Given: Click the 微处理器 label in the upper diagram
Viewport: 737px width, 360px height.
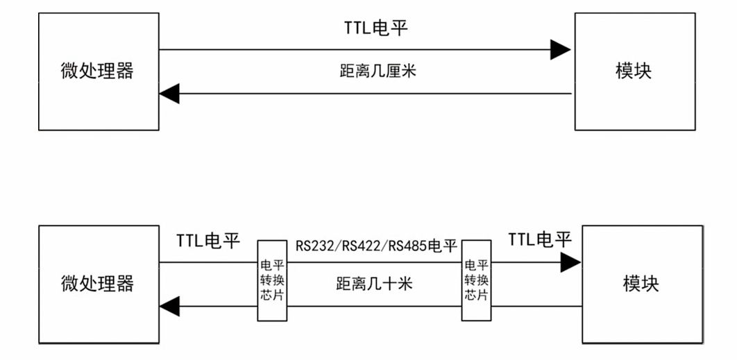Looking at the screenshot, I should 97,71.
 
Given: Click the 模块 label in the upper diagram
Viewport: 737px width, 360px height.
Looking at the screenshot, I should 634,71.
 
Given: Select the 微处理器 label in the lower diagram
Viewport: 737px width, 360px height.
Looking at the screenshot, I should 97,283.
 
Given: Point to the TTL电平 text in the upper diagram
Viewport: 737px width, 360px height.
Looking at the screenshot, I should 375,28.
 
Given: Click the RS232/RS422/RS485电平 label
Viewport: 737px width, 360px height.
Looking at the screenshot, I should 376,246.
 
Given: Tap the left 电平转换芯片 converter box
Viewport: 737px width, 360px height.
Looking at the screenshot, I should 272,280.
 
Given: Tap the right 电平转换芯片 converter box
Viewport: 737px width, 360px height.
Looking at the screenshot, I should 476,280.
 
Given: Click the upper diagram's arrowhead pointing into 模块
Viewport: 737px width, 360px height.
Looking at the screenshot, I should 561,49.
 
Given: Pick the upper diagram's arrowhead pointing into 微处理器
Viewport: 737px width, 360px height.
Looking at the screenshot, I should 169,93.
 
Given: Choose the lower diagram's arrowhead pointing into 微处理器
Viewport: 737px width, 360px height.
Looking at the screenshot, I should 169,305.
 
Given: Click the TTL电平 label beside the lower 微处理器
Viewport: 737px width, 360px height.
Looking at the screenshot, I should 207,241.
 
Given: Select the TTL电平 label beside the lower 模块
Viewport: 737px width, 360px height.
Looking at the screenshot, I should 540,240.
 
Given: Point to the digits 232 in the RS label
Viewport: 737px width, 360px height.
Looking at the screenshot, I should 323,246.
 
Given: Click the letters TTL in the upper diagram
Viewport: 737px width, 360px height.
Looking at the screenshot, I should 360,28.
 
